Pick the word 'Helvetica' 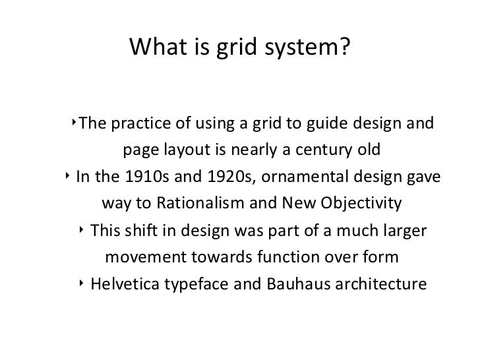pos(125,286)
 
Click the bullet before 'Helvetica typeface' pos(80,285)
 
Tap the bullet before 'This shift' pos(80,231)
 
